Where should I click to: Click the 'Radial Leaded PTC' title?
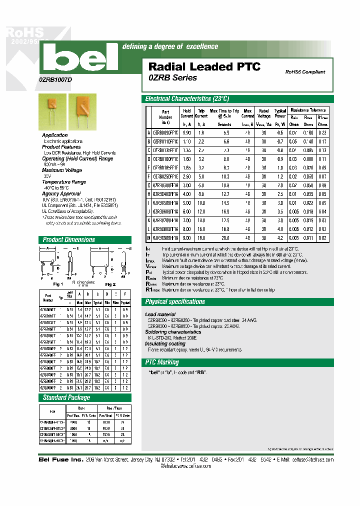204,67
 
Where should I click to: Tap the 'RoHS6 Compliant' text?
305,72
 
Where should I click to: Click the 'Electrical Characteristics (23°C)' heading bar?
186,99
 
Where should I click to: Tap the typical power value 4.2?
280,238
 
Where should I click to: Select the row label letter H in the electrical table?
148,193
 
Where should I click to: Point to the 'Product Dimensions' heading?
69,239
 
